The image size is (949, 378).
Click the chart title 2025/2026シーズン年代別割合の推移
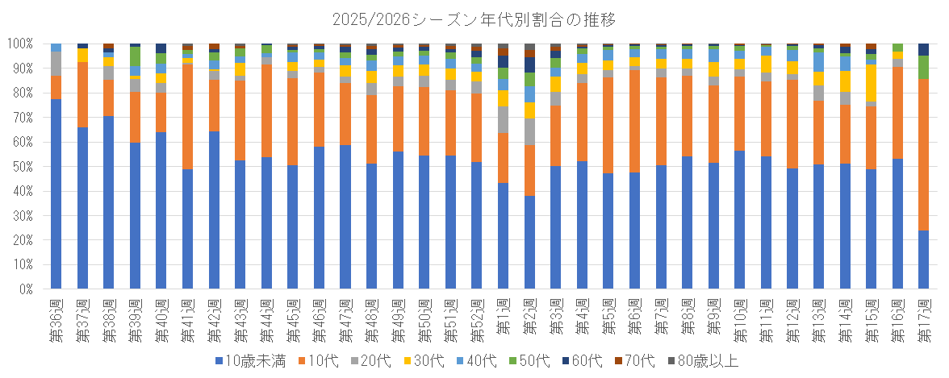(x=474, y=21)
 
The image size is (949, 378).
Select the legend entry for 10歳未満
(x=246, y=362)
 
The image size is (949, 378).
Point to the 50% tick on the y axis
(x=27, y=167)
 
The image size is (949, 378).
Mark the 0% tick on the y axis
(x=30, y=289)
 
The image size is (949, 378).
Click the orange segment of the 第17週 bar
(x=923, y=155)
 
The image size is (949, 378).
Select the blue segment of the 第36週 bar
(x=56, y=194)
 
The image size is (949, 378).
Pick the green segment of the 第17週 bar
(x=923, y=67)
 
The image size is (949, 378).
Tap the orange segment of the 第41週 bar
(x=187, y=117)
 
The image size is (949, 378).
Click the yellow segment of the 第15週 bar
(x=871, y=83)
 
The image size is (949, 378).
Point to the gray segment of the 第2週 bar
(x=529, y=132)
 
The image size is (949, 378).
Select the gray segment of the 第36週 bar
(x=56, y=64)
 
